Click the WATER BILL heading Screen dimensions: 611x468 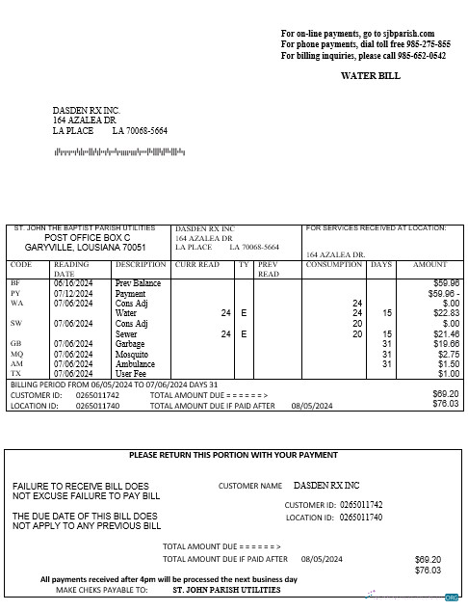coord(370,75)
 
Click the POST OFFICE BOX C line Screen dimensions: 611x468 coord(88,237)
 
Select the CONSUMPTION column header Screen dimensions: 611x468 coord(334,264)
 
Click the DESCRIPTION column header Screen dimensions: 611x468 coord(141,264)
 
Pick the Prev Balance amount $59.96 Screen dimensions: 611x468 coord(446,283)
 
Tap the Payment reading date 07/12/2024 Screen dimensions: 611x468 coord(73,293)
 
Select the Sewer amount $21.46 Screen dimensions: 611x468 coord(446,333)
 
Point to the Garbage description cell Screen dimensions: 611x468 coord(130,343)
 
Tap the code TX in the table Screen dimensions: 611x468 coord(15,374)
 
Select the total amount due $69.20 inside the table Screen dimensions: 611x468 coord(446,394)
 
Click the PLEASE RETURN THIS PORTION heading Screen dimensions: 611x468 coord(233,455)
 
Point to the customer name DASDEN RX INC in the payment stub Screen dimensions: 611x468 coord(325,485)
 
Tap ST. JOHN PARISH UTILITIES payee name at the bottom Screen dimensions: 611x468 coord(226,589)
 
